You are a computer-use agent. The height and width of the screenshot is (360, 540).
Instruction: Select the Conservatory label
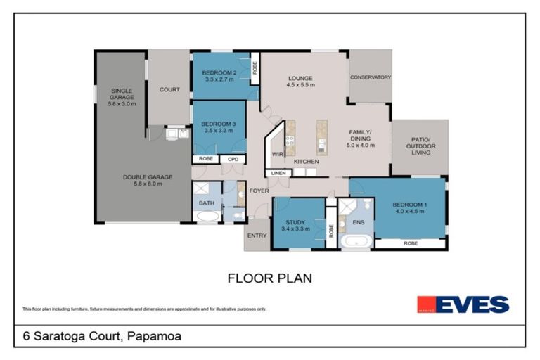[x=370, y=77]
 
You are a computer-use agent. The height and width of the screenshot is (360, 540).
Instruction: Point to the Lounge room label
[x=300, y=77]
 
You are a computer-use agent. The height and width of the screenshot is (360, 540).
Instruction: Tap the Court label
[x=169, y=89]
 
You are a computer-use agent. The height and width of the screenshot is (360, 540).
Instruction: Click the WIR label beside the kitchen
[x=276, y=155]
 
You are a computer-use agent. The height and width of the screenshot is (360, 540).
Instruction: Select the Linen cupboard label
[x=278, y=172]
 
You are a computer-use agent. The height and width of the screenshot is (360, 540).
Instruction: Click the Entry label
[x=257, y=236]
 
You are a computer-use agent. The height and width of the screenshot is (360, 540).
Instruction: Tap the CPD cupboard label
[x=232, y=159]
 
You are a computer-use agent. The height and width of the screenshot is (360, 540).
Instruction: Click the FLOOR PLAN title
[x=270, y=278]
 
